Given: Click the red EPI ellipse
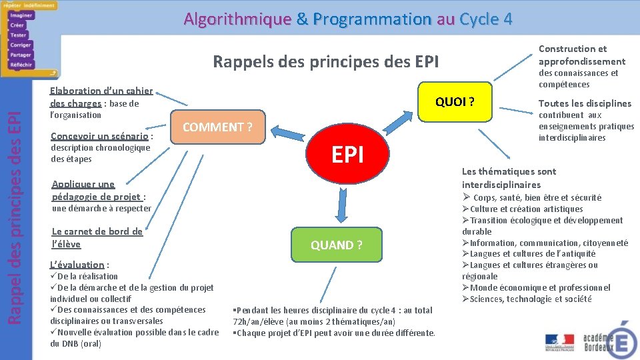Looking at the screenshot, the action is pos(347,155).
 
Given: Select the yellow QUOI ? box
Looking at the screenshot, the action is pos(455,102).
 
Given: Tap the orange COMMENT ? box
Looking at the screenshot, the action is pos(217,127).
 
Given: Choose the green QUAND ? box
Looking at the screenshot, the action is pos(337,245).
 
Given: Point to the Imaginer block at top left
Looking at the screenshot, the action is pos(21,15).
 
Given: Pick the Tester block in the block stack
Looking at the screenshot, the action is pos(19,35).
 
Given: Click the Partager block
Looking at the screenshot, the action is pos(21,55).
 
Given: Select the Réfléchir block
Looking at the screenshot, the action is pos(21,65).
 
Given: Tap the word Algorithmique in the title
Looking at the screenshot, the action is pos(237,19).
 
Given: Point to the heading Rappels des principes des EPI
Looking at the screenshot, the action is pos(325,62).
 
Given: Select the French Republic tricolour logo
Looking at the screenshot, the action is pos(559,341).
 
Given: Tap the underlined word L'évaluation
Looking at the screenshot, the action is pos(77,265).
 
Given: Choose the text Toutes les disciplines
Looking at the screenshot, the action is pos(585,103).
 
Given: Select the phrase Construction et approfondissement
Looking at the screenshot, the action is pos(581,55).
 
